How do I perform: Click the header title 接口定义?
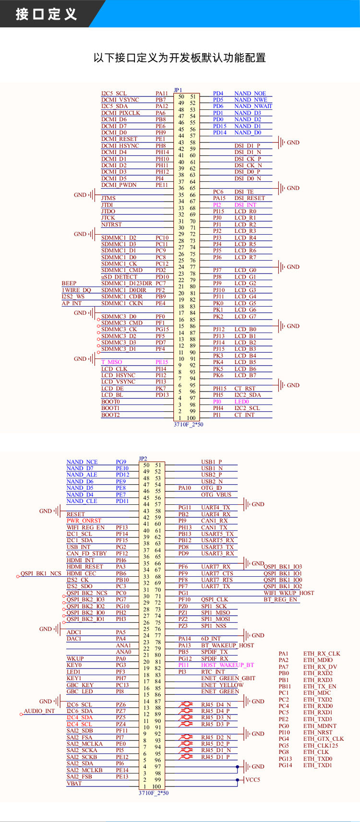click(46, 14)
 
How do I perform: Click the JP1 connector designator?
click(178, 90)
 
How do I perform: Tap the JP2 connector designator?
click(143, 459)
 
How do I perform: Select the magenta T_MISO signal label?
click(111, 362)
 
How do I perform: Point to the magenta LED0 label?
click(241, 402)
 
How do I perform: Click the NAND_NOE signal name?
click(250, 94)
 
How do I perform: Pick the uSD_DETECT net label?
click(119, 277)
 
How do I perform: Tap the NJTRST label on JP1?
click(111, 225)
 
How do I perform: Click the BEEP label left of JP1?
click(69, 284)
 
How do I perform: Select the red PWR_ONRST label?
click(84, 521)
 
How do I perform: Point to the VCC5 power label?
click(252, 780)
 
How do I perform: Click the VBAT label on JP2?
click(74, 784)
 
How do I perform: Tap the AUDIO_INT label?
click(39, 711)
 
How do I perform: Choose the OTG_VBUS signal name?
click(216, 495)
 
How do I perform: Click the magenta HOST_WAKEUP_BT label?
click(227, 665)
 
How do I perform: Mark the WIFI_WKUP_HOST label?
click(288, 593)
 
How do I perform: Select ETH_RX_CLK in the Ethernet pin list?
click(321, 654)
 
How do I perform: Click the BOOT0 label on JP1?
click(110, 402)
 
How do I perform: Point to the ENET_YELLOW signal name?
click(222, 685)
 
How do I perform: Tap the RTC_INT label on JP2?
click(213, 672)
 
